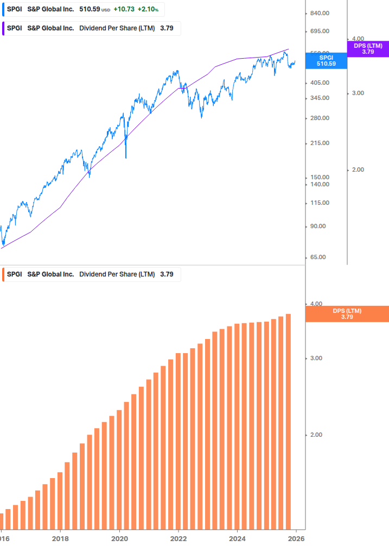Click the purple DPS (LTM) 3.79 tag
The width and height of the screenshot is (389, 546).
tap(368, 49)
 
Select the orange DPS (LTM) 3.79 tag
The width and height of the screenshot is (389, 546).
tap(347, 314)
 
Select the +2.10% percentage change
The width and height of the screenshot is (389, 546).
tap(147, 9)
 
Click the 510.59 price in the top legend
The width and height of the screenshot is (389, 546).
tap(90, 9)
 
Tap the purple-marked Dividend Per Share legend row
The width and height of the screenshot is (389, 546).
tap(91, 28)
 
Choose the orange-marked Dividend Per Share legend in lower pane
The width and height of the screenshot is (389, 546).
tap(91, 274)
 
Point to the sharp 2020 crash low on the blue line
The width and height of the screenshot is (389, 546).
tap(126, 157)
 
